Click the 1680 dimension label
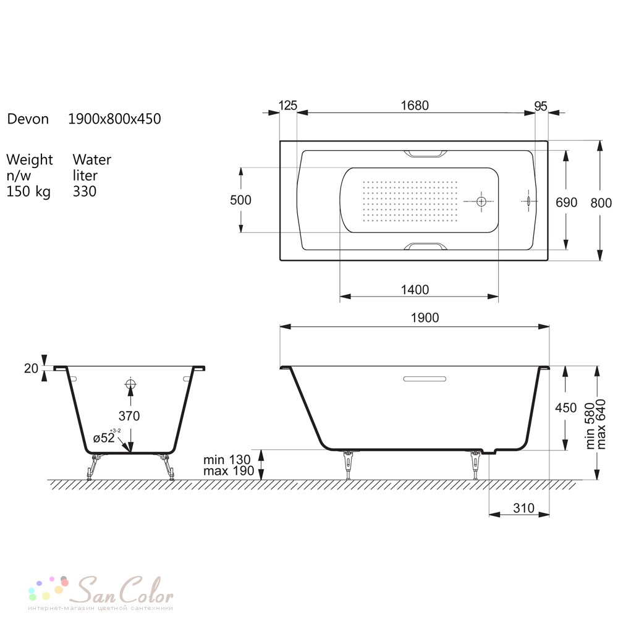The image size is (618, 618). tap(415, 105)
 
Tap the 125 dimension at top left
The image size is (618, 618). tap(288, 105)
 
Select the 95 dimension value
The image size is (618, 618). tap(541, 106)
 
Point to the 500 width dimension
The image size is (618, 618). tap(240, 200)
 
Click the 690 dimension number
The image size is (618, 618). tap(566, 202)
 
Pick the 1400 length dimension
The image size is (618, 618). tap(415, 290)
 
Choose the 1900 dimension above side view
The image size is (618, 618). tap(425, 318)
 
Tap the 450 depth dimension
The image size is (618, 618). tap(565, 407)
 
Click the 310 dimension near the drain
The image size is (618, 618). tap(524, 508)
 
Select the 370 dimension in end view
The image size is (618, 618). tap(129, 416)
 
